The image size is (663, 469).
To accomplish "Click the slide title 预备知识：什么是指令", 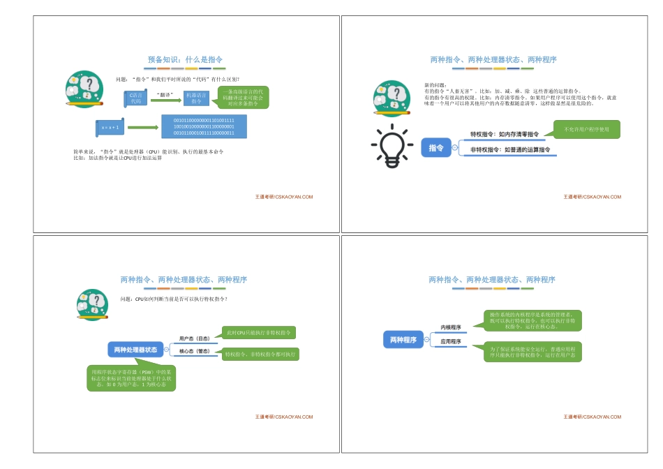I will (185, 60).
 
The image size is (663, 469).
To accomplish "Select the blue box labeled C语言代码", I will (136, 98).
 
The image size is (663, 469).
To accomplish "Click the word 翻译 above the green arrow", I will (165, 93).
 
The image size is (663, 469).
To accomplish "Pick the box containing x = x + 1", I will (110, 128).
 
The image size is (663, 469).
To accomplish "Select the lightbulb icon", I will (392, 146).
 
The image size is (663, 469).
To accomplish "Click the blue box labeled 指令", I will (436, 148).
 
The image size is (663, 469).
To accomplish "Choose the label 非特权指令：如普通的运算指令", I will (510, 150).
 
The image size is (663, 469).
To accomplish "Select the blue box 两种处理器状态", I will (135, 348).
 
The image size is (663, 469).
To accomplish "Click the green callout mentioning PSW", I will (131, 378).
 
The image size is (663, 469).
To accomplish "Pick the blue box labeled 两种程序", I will (403, 340).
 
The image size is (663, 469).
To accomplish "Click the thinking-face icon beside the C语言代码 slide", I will (85, 89).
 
